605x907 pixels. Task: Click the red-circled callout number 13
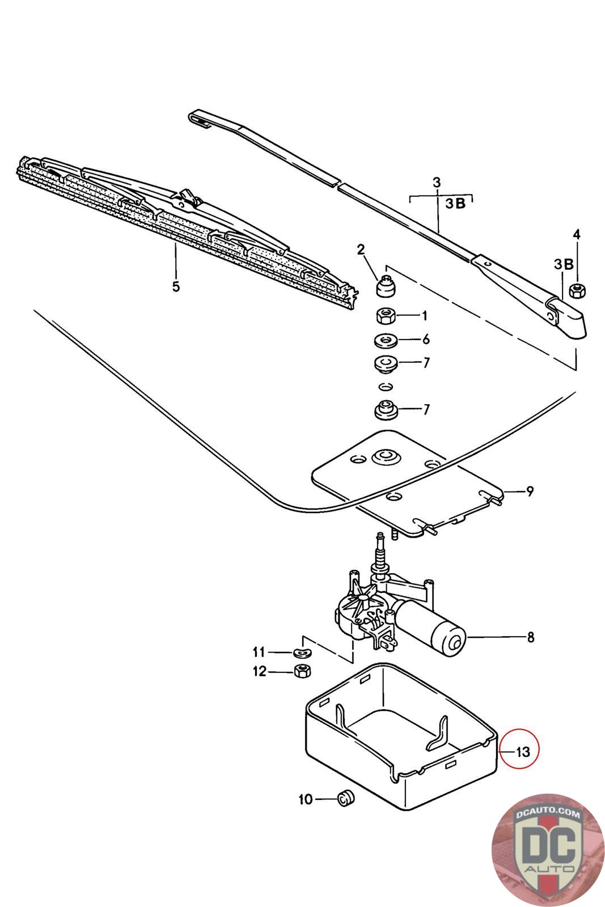[x=522, y=752]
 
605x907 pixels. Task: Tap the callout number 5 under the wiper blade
[x=176, y=286]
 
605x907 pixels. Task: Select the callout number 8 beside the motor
[x=530, y=637]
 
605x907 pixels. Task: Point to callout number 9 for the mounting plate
[x=530, y=491]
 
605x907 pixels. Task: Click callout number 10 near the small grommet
[x=305, y=799]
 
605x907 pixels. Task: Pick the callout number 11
[x=259, y=652]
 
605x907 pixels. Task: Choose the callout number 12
[x=259, y=672]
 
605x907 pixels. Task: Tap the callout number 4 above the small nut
[x=576, y=234]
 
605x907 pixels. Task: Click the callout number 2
[x=361, y=249]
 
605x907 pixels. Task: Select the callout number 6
[x=426, y=339]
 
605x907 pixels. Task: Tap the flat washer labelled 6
[x=386, y=340]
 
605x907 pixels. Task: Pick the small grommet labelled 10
[x=345, y=798]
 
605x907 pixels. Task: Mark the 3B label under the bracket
[x=455, y=204]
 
